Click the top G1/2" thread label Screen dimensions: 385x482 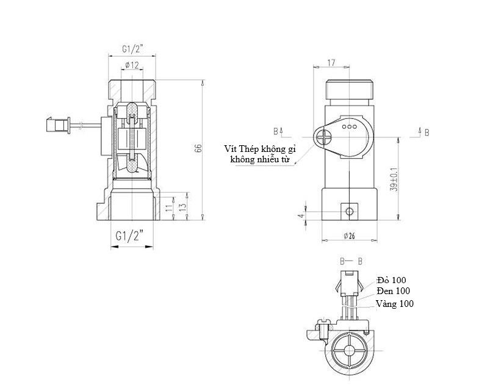pyautogui.click(x=132, y=49)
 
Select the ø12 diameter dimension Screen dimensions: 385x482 pyautogui.click(x=132, y=65)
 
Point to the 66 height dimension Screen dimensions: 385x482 pyautogui.click(x=198, y=149)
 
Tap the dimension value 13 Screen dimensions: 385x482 pyautogui.click(x=181, y=207)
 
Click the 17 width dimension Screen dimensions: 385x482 pyautogui.click(x=331, y=62)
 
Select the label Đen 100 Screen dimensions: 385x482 pyautogui.click(x=394, y=291)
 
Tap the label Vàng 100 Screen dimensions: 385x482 pyautogui.click(x=394, y=303)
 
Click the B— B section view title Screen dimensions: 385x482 pyautogui.click(x=352, y=261)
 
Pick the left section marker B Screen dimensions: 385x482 pyautogui.click(x=276, y=131)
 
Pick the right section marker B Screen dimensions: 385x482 pyautogui.click(x=425, y=131)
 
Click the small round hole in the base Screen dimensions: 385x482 pyautogui.click(x=348, y=210)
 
